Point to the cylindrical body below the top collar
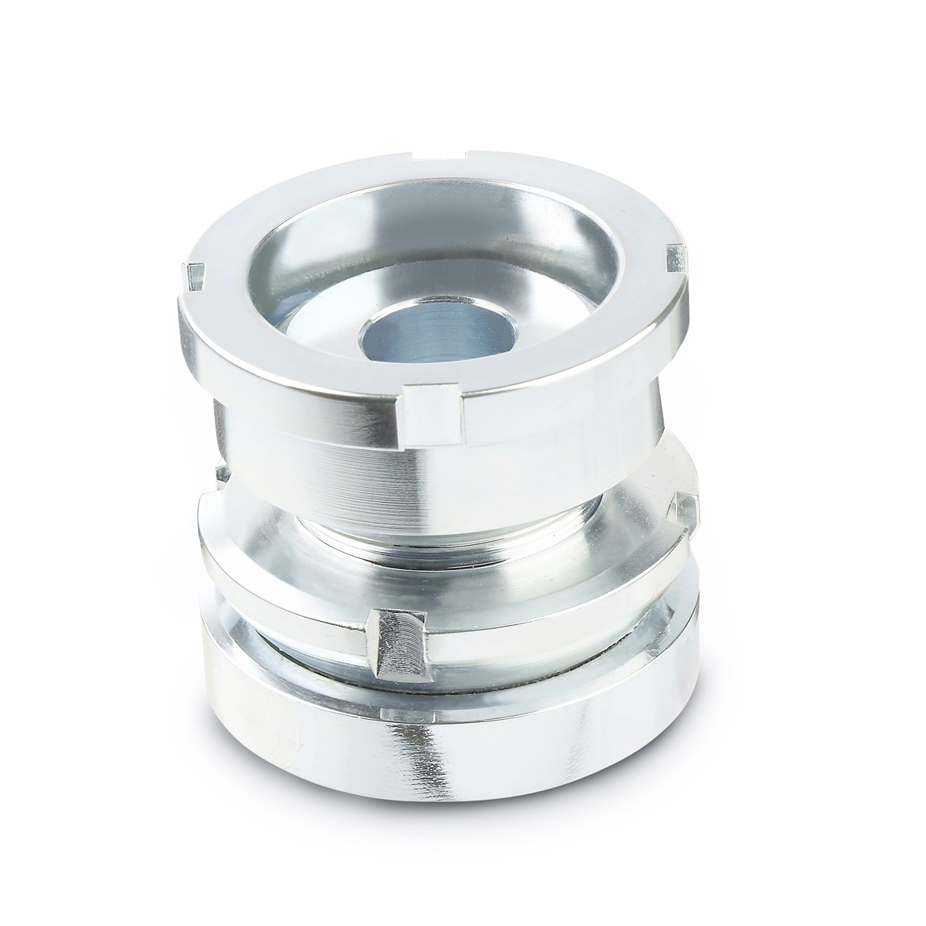[x=329, y=463]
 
